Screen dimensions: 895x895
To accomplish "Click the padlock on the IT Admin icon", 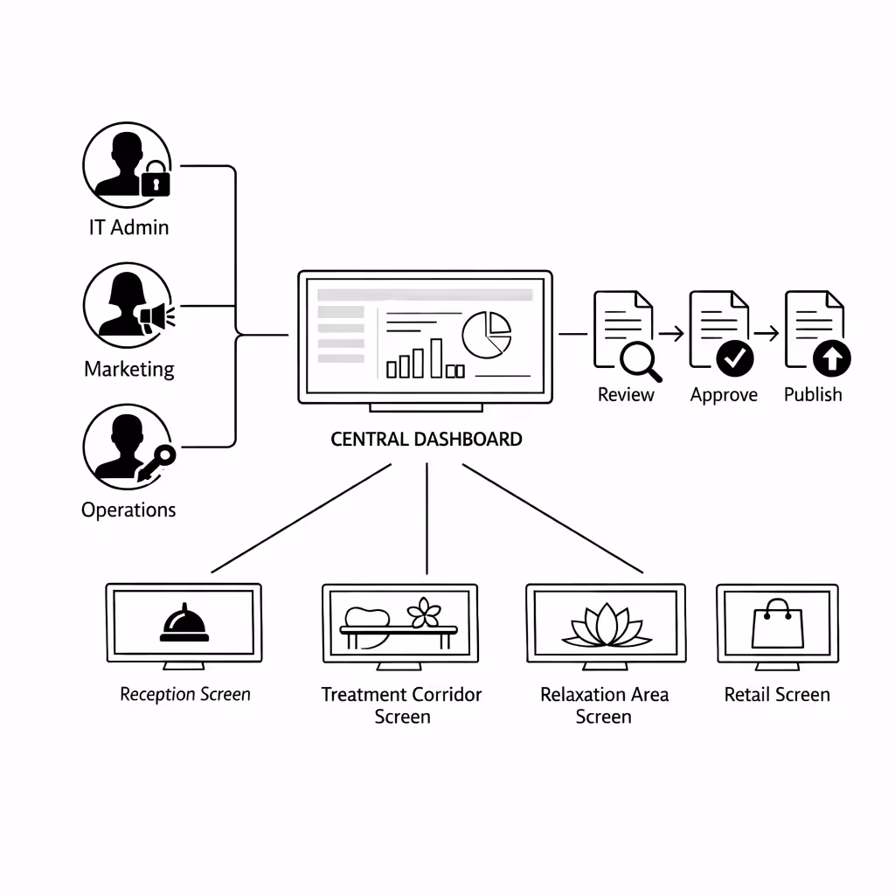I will (156, 181).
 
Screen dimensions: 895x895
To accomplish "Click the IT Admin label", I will (128, 227).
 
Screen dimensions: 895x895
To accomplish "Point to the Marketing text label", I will (128, 369).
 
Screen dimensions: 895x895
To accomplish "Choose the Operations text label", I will (128, 510).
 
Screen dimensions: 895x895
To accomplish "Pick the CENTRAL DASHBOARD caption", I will (426, 439).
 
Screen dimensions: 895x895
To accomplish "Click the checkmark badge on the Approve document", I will (735, 357).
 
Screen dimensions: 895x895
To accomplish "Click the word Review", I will (626, 395).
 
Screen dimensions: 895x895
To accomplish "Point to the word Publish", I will (813, 395).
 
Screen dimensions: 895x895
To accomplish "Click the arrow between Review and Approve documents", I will (671, 333).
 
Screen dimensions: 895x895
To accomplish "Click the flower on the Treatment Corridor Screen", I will (426, 612).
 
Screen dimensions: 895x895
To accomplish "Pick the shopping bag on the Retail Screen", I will (777, 623).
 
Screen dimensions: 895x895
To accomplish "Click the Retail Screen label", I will (777, 695).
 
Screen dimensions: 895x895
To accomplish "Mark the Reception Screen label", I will (184, 695).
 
